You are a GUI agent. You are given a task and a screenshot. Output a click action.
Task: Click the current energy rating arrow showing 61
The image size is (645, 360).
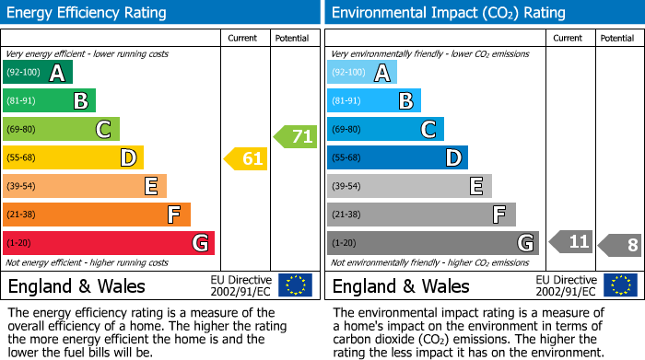click(x=246, y=158)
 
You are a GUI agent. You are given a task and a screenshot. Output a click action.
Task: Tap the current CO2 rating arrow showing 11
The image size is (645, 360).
click(x=570, y=243)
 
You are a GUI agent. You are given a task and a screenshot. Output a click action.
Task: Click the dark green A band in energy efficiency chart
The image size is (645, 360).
click(x=38, y=73)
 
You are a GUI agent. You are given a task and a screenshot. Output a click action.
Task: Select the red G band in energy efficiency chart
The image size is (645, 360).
click(x=109, y=243)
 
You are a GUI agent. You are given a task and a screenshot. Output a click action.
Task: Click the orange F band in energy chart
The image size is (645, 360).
click(x=97, y=215)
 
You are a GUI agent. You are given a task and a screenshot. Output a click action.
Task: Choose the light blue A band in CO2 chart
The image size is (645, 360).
click(x=362, y=73)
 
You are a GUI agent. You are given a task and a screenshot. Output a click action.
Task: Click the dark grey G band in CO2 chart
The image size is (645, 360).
click(x=433, y=243)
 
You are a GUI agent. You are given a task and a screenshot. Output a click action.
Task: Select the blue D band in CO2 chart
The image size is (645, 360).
click(x=397, y=158)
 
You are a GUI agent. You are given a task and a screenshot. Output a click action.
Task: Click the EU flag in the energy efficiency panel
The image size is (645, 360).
click(x=295, y=285)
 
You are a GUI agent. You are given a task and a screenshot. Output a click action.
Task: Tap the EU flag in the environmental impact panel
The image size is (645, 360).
click(x=619, y=285)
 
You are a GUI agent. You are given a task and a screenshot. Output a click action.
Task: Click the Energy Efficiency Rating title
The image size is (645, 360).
click(x=88, y=13)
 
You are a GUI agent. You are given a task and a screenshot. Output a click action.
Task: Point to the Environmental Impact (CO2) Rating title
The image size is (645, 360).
click(x=448, y=13)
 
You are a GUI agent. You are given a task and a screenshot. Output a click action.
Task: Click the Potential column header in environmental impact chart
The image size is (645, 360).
click(x=617, y=38)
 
